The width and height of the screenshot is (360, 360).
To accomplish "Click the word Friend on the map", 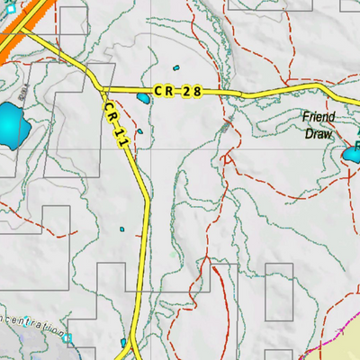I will pyautogui.click(x=318, y=117).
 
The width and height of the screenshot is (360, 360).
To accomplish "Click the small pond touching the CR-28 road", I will pyautogui.click(x=143, y=98).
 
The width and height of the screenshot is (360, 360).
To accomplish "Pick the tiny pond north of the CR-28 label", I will pyautogui.click(x=177, y=71).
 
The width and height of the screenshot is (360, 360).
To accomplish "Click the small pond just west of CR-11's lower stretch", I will pyautogui.click(x=122, y=231).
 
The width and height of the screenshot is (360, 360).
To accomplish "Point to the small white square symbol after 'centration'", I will pyautogui.click(x=67, y=338).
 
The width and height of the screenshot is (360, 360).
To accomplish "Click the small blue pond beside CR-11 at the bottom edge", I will pyautogui.click(x=124, y=343).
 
